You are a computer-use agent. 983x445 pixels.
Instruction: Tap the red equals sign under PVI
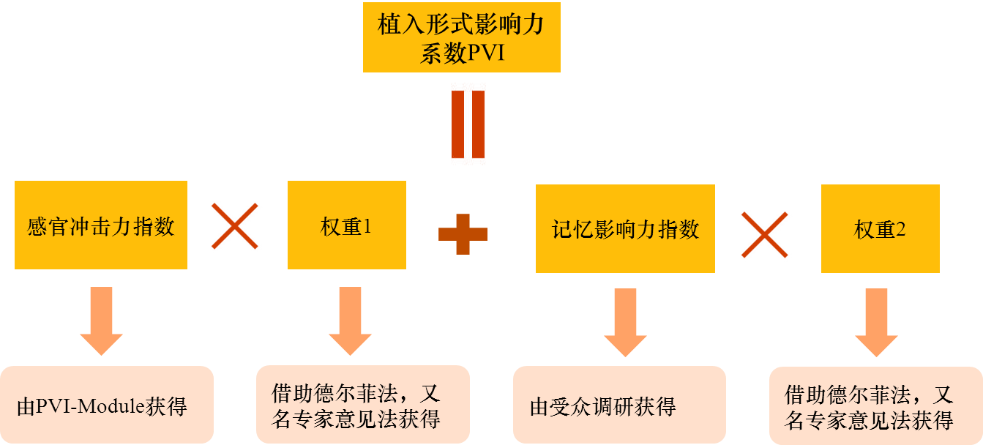[468, 124]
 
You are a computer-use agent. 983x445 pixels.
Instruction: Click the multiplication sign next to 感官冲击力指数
[233, 225]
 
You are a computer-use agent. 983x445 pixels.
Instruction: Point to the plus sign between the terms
[463, 233]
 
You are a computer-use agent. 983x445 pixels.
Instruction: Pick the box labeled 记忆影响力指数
[625, 229]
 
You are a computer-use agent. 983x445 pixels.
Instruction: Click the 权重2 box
[880, 230]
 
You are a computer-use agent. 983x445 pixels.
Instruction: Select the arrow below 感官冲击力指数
[101, 321]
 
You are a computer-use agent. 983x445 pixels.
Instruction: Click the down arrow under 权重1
[350, 321]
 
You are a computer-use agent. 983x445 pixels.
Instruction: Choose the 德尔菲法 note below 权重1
[362, 405]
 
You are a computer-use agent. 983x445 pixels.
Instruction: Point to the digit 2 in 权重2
[900, 230]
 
